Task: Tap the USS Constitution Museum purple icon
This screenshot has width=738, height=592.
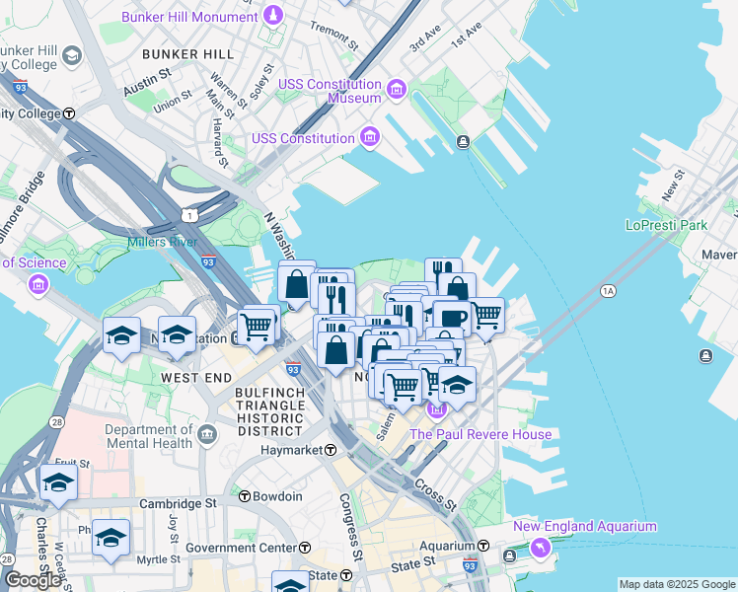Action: click(397, 91)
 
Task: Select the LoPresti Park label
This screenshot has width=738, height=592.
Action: click(666, 225)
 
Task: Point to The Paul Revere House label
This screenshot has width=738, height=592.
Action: click(480, 434)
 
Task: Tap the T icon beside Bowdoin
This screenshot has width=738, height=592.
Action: click(244, 496)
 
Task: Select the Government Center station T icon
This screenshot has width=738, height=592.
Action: click(306, 548)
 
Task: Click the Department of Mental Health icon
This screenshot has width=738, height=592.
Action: click(207, 435)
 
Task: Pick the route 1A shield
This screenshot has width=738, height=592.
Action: click(608, 291)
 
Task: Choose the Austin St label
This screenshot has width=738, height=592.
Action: click(147, 89)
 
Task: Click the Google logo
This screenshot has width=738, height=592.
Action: click(33, 580)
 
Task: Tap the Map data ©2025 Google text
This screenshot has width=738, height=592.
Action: click(677, 584)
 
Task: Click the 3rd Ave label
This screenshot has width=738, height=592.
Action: click(425, 39)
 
